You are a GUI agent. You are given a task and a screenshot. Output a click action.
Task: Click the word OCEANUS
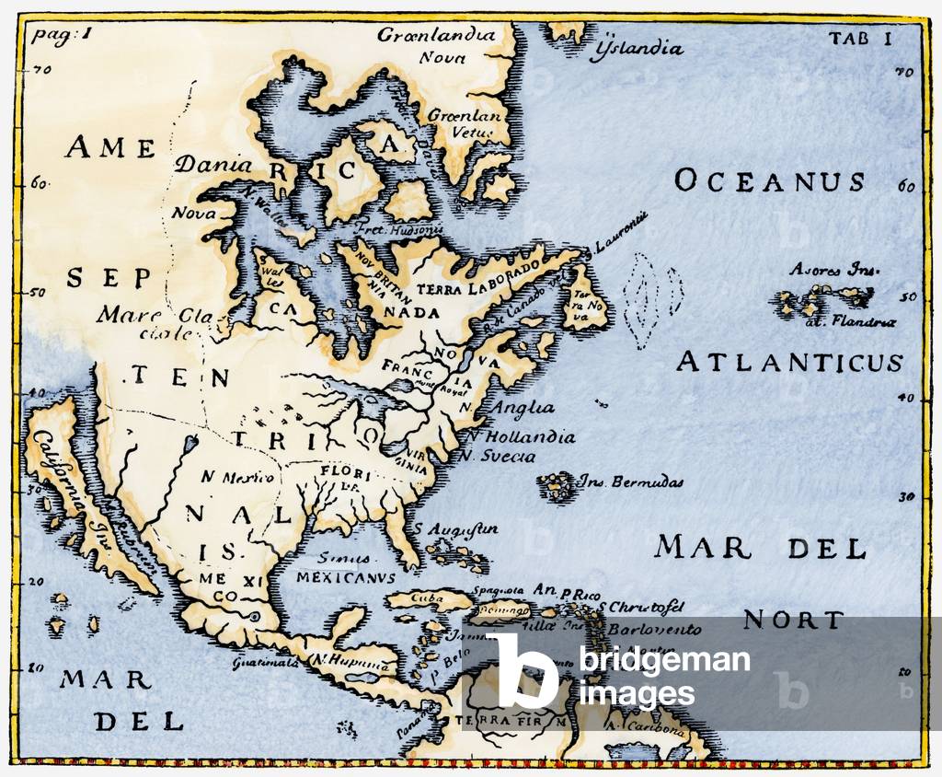click(x=769, y=180)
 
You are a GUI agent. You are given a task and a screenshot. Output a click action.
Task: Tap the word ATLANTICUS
click(x=789, y=362)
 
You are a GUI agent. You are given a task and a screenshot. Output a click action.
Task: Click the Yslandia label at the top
click(x=640, y=48)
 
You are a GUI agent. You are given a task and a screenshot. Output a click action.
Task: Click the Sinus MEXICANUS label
click(x=345, y=568)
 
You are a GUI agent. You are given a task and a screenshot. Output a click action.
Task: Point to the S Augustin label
click(x=455, y=529)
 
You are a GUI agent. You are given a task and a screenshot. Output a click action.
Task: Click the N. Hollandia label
click(x=520, y=437)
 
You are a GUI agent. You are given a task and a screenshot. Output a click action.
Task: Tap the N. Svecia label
click(x=498, y=456)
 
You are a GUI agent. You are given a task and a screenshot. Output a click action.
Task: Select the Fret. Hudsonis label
click(x=413, y=228)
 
